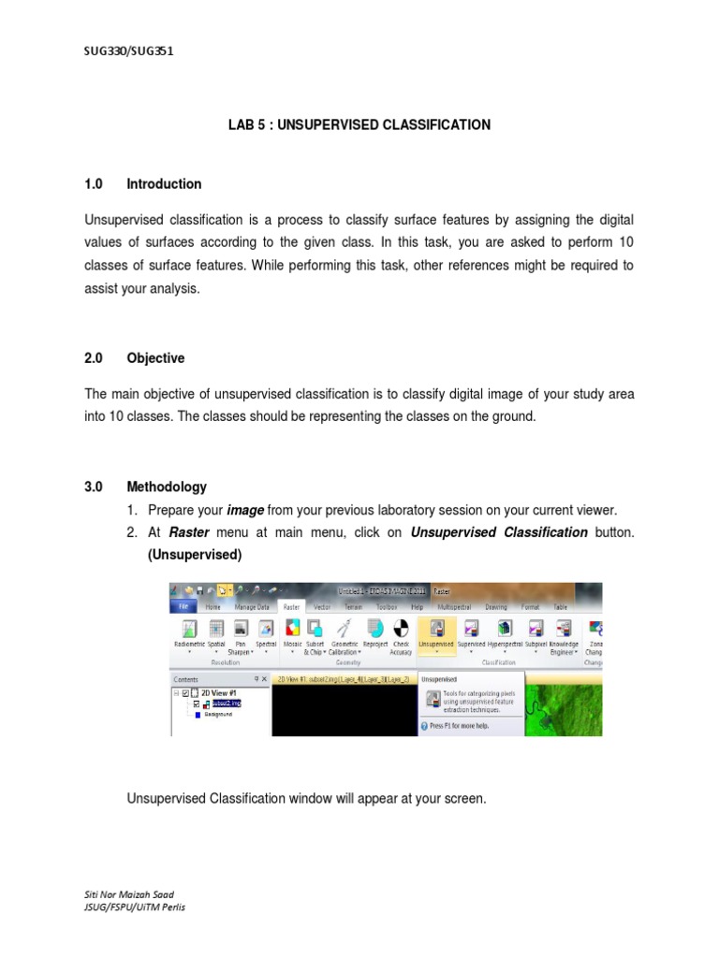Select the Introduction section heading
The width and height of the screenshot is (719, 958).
point(164,184)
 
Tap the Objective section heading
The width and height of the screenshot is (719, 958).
point(155,358)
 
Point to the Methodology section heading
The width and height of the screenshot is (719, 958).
point(167,487)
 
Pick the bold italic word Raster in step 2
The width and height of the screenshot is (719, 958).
point(189,532)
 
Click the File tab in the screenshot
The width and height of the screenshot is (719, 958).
point(184,606)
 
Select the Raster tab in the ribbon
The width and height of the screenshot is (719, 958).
point(292,606)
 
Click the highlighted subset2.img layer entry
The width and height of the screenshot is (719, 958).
point(226,703)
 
